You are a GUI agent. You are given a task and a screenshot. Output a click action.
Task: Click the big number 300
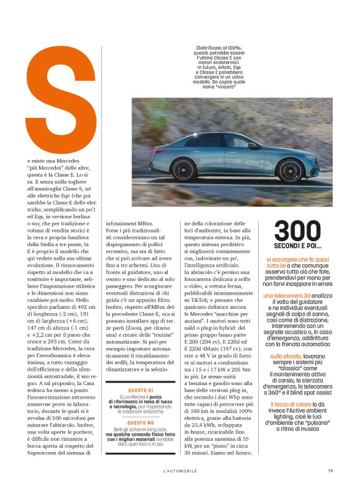[298, 231]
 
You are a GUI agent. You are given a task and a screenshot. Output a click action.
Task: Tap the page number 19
[331, 470]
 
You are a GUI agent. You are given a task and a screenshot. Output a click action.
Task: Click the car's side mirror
[254, 146]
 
